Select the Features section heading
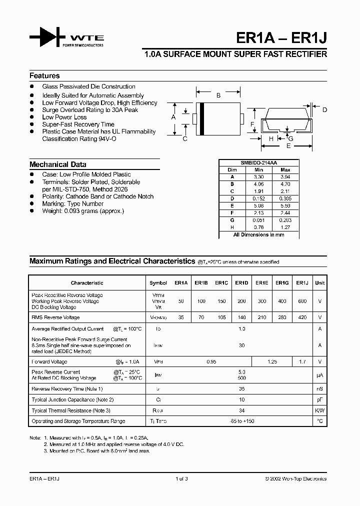(x=44, y=76)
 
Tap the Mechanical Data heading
(x=57, y=164)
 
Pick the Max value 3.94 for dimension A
(x=285, y=177)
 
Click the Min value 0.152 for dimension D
(x=258, y=198)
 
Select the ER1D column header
(x=241, y=283)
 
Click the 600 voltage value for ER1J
(x=302, y=301)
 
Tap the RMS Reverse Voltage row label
(x=55, y=317)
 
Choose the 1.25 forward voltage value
(x=272, y=361)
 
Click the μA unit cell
(x=319, y=375)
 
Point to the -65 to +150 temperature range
(x=241, y=421)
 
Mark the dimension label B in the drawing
(x=218, y=95)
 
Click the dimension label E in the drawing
(x=288, y=146)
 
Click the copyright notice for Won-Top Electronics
(x=295, y=479)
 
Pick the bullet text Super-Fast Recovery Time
(x=78, y=124)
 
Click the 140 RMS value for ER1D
(x=241, y=317)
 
